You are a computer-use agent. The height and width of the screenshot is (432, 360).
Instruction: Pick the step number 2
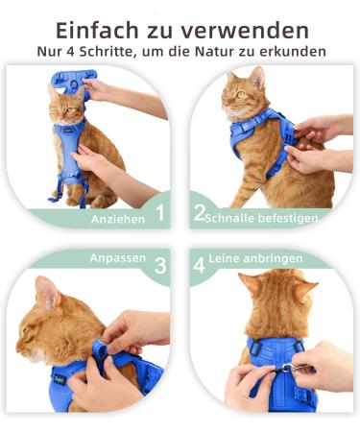coord(200,213)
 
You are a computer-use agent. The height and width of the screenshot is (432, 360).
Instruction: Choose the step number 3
coord(160,265)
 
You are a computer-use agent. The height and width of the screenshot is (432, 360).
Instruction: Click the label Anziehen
coord(118,219)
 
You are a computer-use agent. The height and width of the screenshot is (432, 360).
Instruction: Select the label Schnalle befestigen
coord(262,218)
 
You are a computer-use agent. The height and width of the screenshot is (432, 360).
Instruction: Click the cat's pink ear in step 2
coord(257,78)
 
